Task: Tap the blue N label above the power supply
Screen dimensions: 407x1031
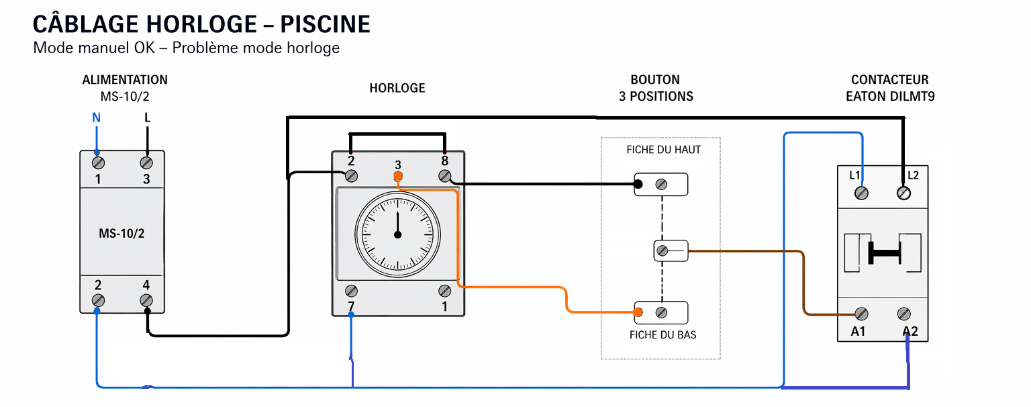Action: (x=96, y=118)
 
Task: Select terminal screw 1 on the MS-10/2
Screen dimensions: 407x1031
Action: (x=98, y=163)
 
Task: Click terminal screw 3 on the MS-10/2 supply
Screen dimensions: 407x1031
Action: (x=146, y=163)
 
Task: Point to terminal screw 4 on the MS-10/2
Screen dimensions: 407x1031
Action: (x=146, y=300)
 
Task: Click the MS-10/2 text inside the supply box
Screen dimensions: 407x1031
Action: (x=121, y=233)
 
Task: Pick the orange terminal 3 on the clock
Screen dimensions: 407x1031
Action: (x=398, y=177)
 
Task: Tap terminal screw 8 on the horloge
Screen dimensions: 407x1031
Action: (x=444, y=176)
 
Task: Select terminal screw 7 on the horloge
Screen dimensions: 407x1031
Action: (x=351, y=291)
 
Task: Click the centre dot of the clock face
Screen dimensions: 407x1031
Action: (x=397, y=234)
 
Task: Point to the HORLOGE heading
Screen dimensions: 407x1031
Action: (x=397, y=88)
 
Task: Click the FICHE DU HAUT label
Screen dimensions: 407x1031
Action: (x=663, y=150)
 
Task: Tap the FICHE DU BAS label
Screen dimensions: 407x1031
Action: (x=662, y=334)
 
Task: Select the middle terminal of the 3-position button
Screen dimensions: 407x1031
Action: (x=662, y=251)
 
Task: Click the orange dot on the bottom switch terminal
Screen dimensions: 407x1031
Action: (x=638, y=312)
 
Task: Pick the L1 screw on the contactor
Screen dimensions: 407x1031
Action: (x=861, y=193)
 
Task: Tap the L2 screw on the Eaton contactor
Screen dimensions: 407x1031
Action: (x=904, y=193)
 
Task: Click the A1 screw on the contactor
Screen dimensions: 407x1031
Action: (x=861, y=314)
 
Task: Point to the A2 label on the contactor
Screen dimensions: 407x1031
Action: (x=910, y=331)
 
